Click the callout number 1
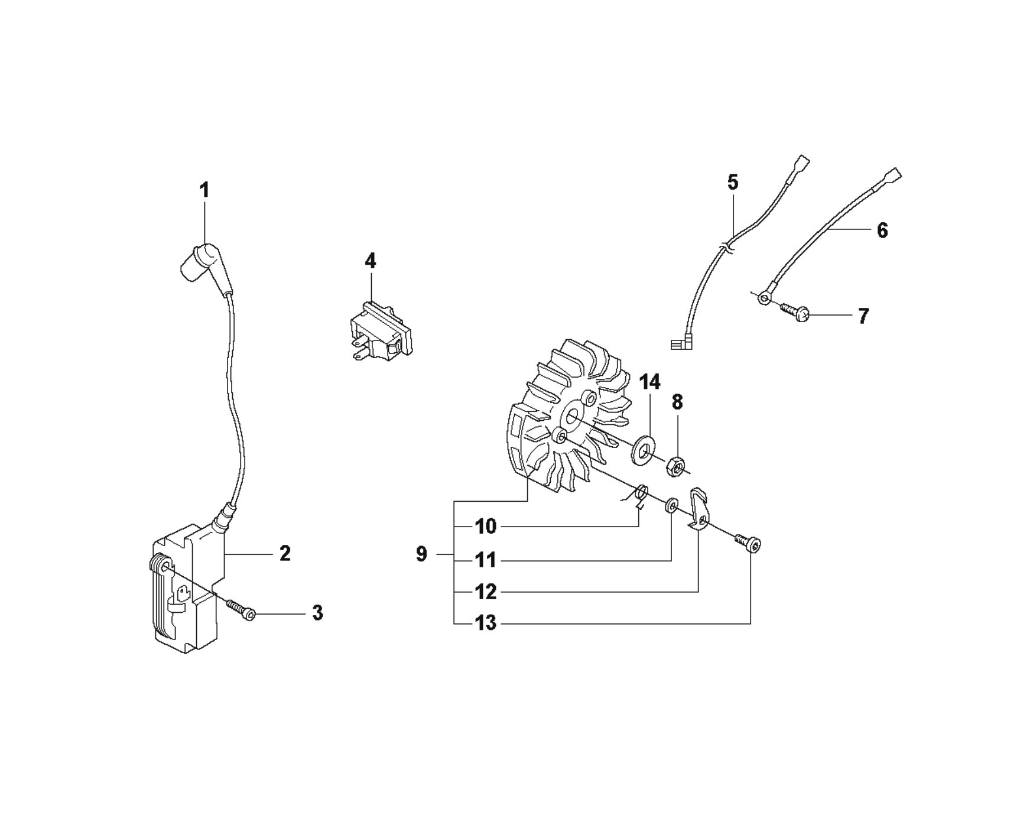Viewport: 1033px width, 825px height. click(x=204, y=190)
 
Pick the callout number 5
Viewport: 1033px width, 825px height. click(x=733, y=182)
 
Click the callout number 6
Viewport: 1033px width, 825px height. click(x=882, y=230)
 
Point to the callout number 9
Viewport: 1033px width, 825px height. click(x=421, y=554)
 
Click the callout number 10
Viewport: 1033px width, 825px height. click(x=486, y=527)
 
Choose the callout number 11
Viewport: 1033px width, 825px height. click(x=486, y=559)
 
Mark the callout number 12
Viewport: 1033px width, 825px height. click(x=486, y=592)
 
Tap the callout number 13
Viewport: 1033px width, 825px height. click(x=486, y=623)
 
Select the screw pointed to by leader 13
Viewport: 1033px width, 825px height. click(x=748, y=542)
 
